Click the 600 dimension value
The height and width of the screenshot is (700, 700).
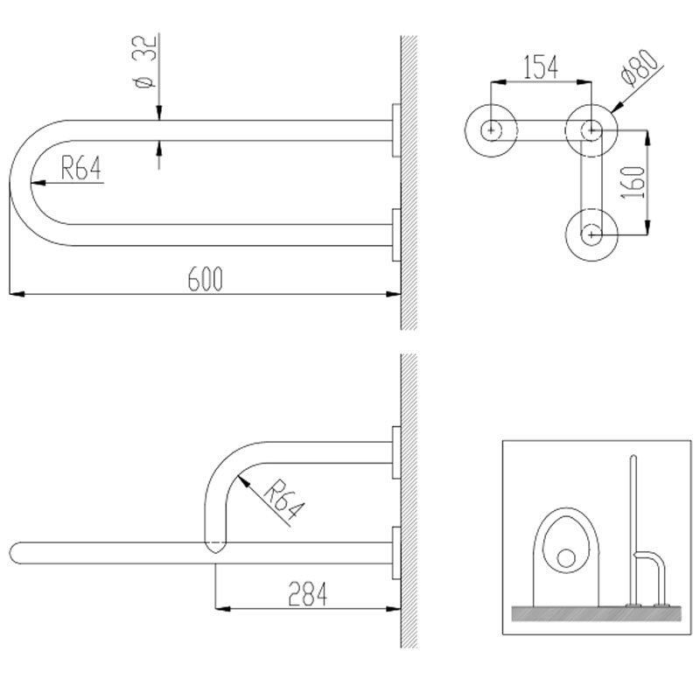pyautogui.click(x=205, y=279)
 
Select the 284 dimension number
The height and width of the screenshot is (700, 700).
pyautogui.click(x=308, y=594)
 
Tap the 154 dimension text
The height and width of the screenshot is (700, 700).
pyautogui.click(x=541, y=67)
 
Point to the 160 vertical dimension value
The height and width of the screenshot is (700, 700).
pyautogui.click(x=633, y=183)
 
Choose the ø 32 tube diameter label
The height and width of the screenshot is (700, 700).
pyautogui.click(x=143, y=61)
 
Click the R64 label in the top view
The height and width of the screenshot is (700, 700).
pyautogui.click(x=80, y=168)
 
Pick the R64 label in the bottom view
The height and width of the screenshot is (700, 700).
pyautogui.click(x=283, y=500)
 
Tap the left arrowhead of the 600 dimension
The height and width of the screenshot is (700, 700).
pyautogui.click(x=17, y=294)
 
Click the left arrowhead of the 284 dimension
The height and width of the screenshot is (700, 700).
pyautogui.click(x=223, y=608)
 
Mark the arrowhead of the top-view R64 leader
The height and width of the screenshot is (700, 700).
pyautogui.click(x=38, y=183)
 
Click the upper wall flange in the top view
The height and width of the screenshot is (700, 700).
pyautogui.click(x=396, y=130)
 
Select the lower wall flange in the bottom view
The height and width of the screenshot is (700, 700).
pyautogui.click(x=396, y=553)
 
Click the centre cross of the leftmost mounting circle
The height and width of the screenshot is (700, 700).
pyautogui.click(x=491, y=130)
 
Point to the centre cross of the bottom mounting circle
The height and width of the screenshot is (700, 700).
pyautogui.click(x=591, y=234)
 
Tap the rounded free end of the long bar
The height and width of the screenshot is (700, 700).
pyautogui.click(x=14, y=553)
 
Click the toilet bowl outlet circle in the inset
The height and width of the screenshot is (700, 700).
pyautogui.click(x=566, y=558)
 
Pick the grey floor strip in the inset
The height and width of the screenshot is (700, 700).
pyautogui.click(x=597, y=613)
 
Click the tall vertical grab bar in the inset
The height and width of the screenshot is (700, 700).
pyautogui.click(x=632, y=530)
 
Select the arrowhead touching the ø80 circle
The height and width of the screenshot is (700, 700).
pyautogui.click(x=618, y=107)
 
